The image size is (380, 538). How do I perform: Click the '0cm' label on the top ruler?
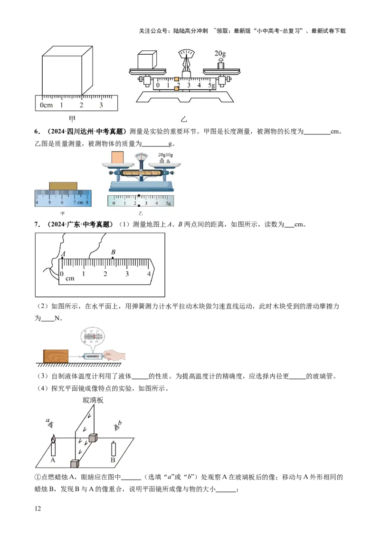(46, 105)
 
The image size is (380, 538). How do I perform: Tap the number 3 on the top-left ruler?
(101, 105)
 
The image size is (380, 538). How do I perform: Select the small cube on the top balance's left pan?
(147, 60)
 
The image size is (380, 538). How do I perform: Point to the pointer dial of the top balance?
(186, 54)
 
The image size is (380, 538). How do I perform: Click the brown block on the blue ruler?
(63, 185)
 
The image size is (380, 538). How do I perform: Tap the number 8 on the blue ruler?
(87, 202)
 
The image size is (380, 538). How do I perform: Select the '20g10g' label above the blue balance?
(166, 155)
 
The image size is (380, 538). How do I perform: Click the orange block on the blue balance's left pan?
(117, 156)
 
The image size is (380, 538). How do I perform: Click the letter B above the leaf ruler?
(113, 252)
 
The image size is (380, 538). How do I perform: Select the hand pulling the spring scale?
(113, 355)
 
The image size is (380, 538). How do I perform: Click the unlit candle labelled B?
(113, 449)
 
